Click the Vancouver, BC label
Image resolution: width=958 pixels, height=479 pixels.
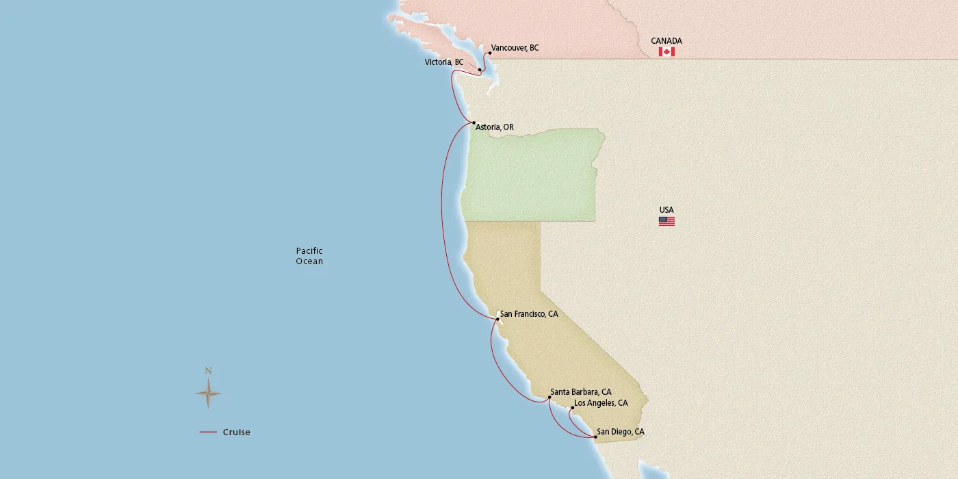pos(515,48)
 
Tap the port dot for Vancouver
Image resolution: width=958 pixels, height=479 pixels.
pos(490,53)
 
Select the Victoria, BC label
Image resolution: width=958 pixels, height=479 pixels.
pos(443,62)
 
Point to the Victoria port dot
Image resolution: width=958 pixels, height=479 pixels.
pos(480,70)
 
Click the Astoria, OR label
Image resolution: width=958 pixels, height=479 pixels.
pos(494,127)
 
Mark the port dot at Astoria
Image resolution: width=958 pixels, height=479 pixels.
pos(474,123)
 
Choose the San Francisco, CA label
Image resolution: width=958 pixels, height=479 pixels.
pos(529,314)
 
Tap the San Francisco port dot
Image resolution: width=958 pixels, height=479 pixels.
pos(497,319)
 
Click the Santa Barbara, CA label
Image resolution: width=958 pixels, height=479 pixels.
pos(582,392)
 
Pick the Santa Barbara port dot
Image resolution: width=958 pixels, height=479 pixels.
pos(549,397)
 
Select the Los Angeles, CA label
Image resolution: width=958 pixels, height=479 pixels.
pos(601,403)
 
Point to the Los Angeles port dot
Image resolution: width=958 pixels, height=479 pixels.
pos(572,409)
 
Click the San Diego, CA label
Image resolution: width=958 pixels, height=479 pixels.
pos(620,432)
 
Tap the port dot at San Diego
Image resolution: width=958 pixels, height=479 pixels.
pos(595,437)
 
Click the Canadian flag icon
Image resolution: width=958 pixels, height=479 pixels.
pos(666,52)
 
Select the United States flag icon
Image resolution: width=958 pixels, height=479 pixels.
pos(666,221)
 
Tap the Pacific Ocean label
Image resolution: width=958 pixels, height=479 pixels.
pos(309,256)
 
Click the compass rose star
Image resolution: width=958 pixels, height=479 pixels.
pos(208,393)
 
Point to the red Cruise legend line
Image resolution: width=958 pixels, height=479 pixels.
pos(208,432)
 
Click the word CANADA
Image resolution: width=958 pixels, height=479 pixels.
pos(666,41)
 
